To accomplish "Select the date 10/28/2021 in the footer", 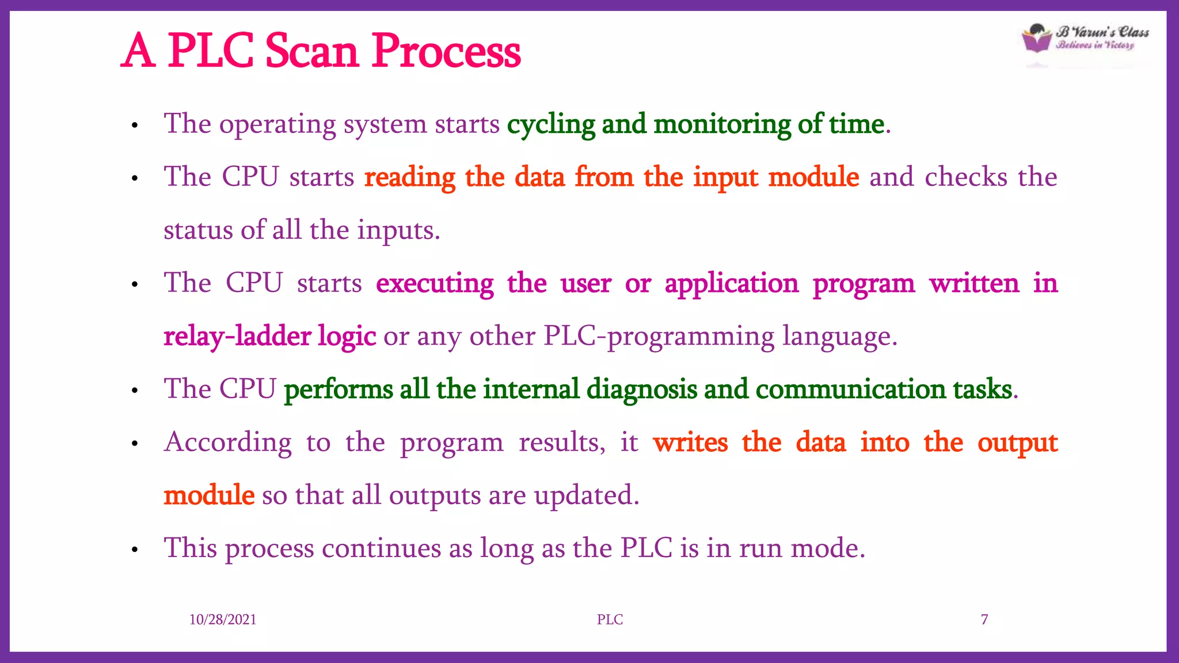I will coord(223,619).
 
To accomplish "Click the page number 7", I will coord(984,619).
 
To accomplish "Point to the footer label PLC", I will coord(610,619).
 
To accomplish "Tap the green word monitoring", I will coord(722,124).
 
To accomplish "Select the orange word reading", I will coord(410,177).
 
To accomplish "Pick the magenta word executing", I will coord(435,284).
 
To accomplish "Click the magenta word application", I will coord(731,284).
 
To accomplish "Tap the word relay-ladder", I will coord(237,336).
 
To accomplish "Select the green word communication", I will coord(850,390).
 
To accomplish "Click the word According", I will coord(228,443).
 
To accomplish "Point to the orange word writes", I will coord(690,443).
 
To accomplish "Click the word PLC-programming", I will coord(659,337).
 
